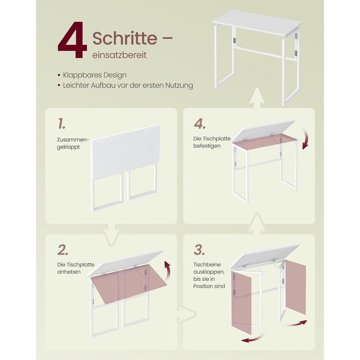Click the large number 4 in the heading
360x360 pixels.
click(x=73, y=40)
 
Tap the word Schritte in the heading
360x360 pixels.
click(x=125, y=38)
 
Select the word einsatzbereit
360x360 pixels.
click(x=119, y=55)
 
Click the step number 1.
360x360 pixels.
click(x=61, y=123)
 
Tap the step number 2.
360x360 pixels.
click(x=62, y=250)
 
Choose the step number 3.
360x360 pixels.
click(x=199, y=250)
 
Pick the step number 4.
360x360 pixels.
click(x=200, y=124)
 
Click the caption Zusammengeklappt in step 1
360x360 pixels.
click(x=73, y=143)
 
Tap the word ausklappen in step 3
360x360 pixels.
click(x=208, y=272)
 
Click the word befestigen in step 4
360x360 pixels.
click(x=207, y=146)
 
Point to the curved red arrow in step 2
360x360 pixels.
click(x=168, y=270)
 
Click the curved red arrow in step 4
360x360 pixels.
click(x=307, y=138)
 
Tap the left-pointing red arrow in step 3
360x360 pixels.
click(x=253, y=338)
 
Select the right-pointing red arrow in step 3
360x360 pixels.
click(x=295, y=323)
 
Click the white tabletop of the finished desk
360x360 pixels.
click(x=257, y=23)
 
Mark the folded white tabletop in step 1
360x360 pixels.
click(x=126, y=151)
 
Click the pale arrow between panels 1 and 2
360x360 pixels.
click(x=111, y=236)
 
